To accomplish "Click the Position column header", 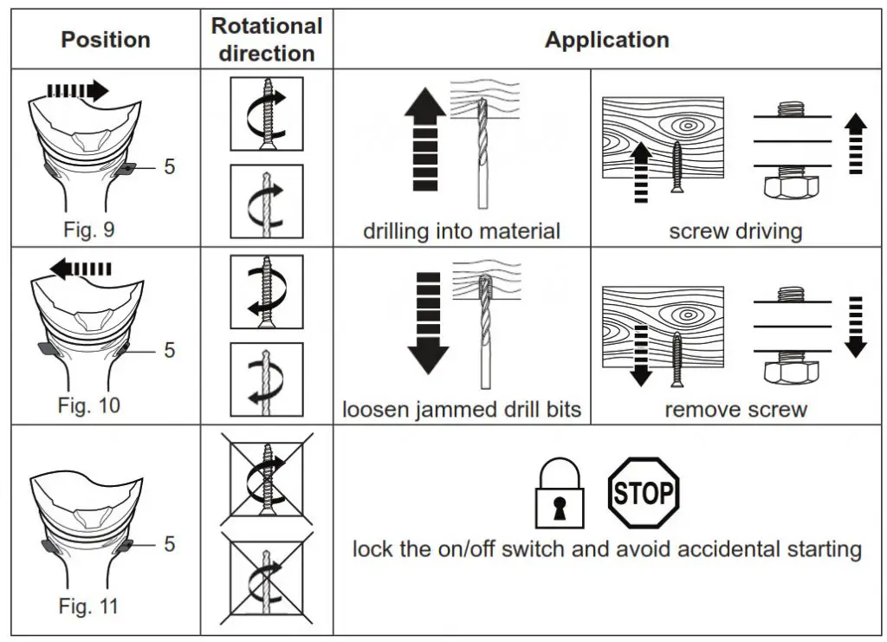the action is pos(105,40).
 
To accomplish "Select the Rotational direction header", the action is pos(267,40).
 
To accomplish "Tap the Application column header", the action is pos(607,40).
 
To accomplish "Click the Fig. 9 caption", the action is pos(89,230).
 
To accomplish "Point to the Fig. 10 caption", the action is pos(89,405).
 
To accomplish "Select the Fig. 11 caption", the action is pos(89,606).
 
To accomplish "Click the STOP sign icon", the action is pos(644,493).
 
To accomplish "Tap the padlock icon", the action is pos(560,493).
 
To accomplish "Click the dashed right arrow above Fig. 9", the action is pos(77,90).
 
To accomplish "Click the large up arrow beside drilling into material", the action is pos(425,139).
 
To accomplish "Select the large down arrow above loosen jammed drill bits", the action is pos(428,323).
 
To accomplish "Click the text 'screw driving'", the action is pos(735,230).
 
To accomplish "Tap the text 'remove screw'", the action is pos(735,409).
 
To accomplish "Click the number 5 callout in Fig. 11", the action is pos(169,544).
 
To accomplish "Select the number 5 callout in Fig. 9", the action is pos(169,167).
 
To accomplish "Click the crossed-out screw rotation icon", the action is pos(267,479).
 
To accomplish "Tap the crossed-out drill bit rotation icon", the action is pos(267,577).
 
